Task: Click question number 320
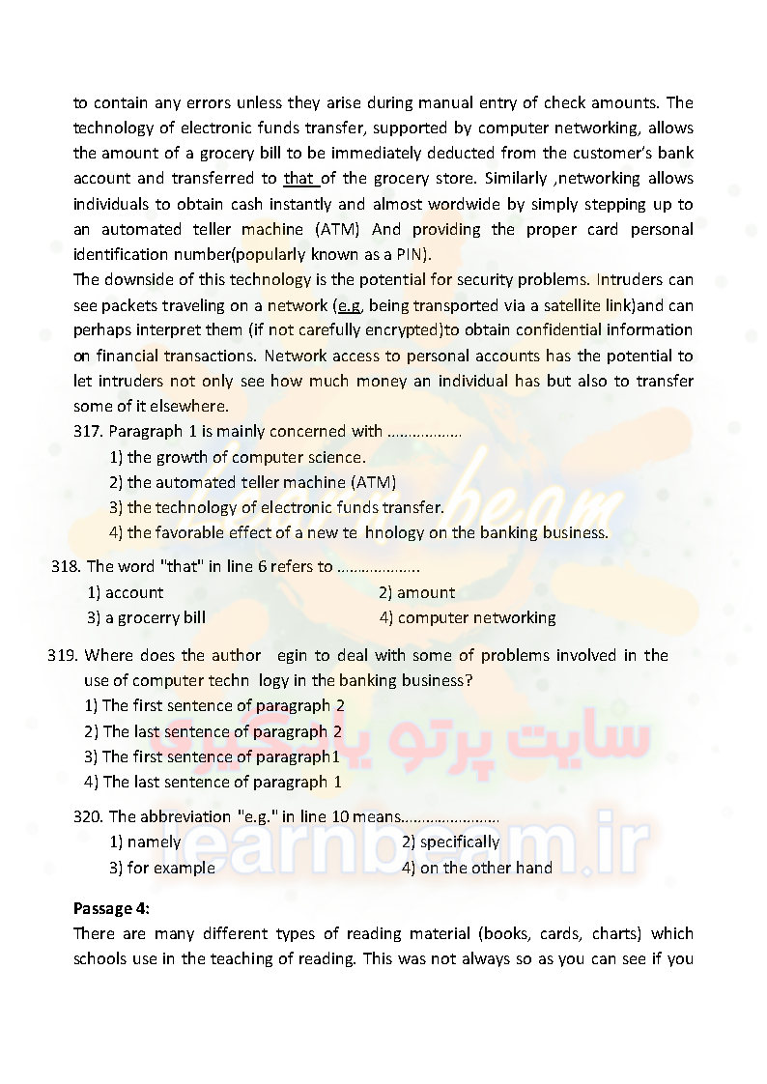pos(88,816)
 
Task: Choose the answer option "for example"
pos(171,868)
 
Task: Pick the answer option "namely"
pos(154,842)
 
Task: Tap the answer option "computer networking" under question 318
pos(476,617)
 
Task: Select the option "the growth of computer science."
pos(246,457)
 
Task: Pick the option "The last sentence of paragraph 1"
pos(221,782)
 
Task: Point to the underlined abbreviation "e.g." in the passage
pos(348,305)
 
